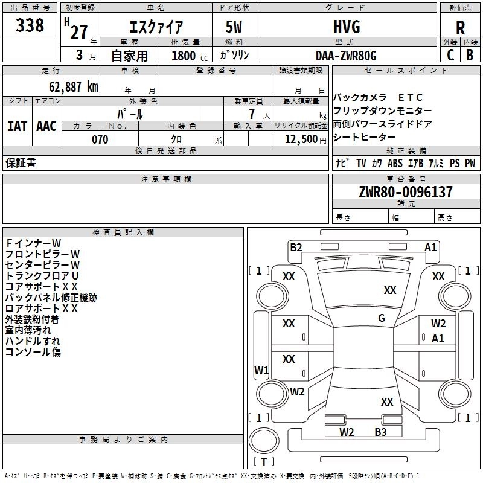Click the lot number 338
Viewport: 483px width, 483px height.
(x=30, y=25)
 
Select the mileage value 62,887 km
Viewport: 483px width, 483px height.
(x=74, y=87)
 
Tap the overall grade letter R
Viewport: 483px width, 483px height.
(x=460, y=28)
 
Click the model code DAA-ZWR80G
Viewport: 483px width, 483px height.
(x=346, y=56)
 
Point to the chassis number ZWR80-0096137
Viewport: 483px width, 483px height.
(x=406, y=192)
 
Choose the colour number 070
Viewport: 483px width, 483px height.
(x=100, y=139)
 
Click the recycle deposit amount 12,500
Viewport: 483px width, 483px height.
(x=301, y=139)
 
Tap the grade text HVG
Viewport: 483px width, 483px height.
(x=347, y=27)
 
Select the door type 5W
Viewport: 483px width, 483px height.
(x=234, y=27)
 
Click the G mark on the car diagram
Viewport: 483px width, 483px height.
(x=382, y=318)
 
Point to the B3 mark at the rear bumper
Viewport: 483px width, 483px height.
(x=380, y=432)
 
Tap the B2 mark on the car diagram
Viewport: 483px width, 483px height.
(x=296, y=248)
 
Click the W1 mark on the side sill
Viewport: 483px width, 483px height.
(x=261, y=370)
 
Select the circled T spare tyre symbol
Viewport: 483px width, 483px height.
(x=264, y=441)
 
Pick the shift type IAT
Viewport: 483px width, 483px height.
(x=17, y=126)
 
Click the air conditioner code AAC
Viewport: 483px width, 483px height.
(x=46, y=126)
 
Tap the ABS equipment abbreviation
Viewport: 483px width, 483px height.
(x=395, y=163)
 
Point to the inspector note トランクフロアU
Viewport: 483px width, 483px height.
(x=42, y=276)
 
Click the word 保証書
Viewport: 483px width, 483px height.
(x=21, y=163)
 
